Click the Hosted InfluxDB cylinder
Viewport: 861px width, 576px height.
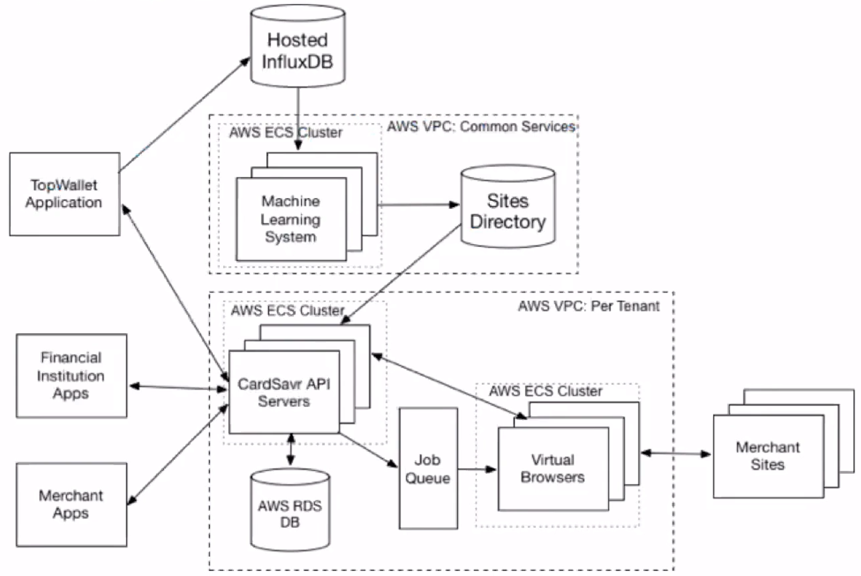(x=297, y=50)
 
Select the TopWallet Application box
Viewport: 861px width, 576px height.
(x=64, y=193)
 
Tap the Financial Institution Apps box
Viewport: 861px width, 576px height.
(x=72, y=376)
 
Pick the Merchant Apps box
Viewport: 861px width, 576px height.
(x=71, y=504)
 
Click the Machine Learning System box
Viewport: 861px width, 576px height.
(x=291, y=218)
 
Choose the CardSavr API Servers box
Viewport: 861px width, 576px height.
(x=284, y=392)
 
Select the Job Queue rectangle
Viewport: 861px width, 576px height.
(x=428, y=468)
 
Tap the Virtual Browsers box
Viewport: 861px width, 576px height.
(x=552, y=468)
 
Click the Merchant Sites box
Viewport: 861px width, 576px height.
(x=767, y=456)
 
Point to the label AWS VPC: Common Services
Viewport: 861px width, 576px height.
(x=481, y=127)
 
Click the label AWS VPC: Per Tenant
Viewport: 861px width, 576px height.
(x=588, y=306)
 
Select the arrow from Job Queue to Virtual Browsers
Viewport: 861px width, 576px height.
(x=477, y=469)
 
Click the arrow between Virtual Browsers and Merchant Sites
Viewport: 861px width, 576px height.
(x=676, y=454)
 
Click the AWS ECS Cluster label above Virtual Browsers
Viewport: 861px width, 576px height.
(x=546, y=391)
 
